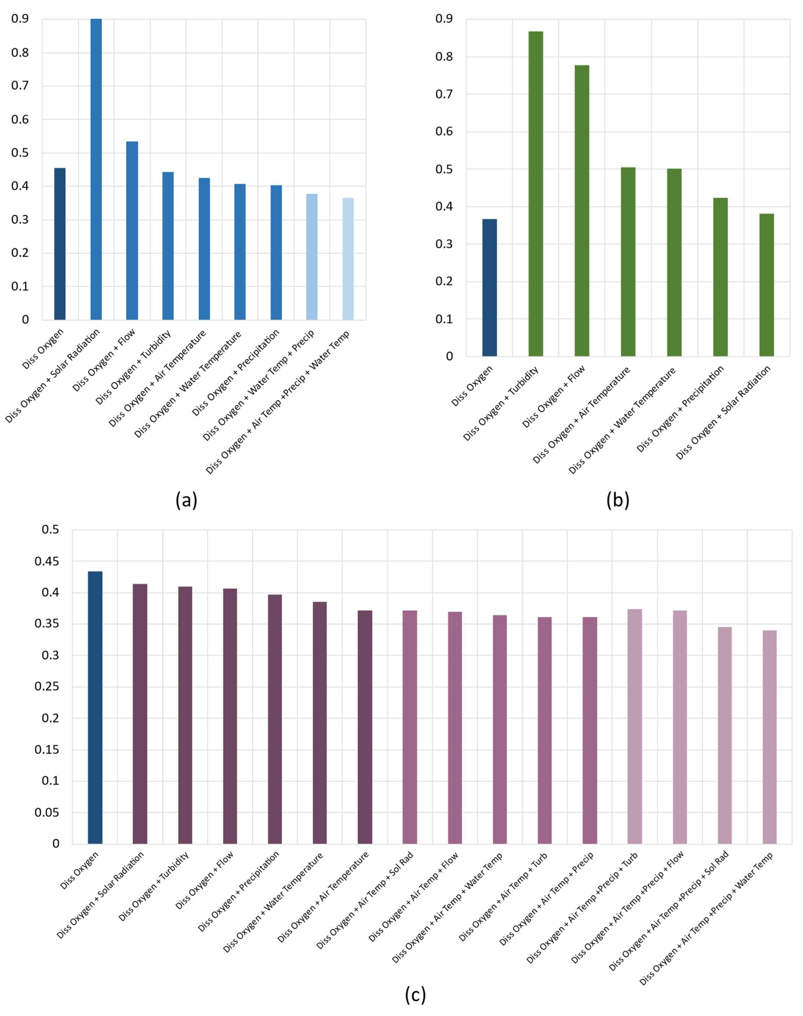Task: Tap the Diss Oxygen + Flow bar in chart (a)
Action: point(132,230)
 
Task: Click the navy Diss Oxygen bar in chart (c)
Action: point(95,707)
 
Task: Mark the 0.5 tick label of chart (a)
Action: point(20,153)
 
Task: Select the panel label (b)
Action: point(618,500)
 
